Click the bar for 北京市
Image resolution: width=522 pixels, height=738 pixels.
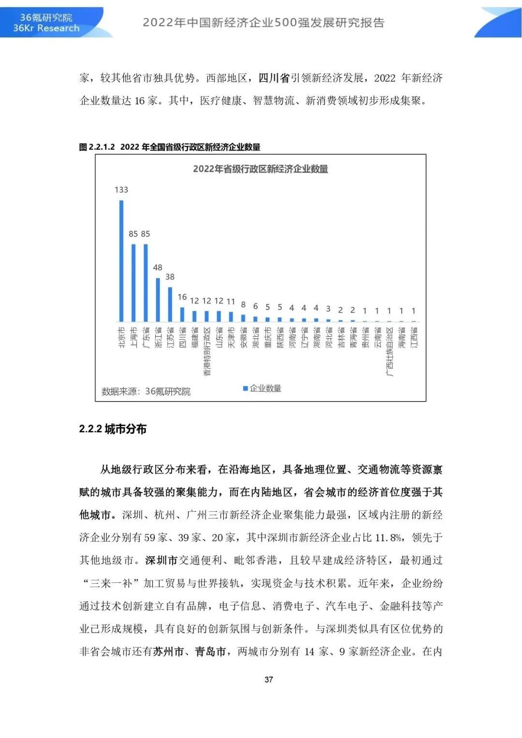(121, 261)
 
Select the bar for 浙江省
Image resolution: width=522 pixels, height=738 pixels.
(158, 300)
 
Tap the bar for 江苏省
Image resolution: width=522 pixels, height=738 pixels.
(170, 304)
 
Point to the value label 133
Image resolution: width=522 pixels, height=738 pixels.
(121, 190)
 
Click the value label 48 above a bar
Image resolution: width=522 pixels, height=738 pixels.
(158, 268)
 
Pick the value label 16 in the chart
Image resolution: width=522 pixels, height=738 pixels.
(182, 297)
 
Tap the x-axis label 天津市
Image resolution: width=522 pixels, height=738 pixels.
(232, 337)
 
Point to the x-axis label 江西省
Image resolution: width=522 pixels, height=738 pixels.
(414, 337)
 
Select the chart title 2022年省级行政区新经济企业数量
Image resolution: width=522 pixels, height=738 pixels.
(261, 169)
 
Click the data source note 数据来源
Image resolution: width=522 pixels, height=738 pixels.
(146, 391)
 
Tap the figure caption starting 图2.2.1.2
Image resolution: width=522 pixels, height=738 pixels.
(170, 147)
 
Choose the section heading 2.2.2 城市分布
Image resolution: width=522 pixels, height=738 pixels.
(113, 429)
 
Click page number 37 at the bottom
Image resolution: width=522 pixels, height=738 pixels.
(269, 680)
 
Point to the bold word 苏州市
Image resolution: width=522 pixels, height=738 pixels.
(169, 651)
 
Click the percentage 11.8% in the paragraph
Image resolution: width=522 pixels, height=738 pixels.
(389, 537)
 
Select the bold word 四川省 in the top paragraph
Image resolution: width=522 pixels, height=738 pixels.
(274, 78)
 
